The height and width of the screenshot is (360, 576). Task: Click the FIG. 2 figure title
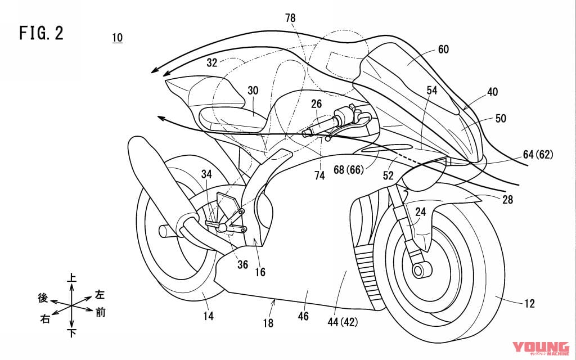coord(41,33)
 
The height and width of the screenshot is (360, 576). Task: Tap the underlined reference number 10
coord(118,38)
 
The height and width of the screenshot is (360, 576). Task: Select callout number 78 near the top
coord(290,19)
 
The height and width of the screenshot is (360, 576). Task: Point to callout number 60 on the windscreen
coord(443,49)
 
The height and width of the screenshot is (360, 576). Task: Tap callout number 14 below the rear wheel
coord(209,316)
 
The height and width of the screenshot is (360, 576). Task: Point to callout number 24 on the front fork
coord(421,213)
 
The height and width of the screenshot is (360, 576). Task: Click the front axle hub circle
coord(418,271)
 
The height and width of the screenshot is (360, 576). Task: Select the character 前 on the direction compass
coord(100,312)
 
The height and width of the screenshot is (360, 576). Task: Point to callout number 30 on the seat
coord(253,90)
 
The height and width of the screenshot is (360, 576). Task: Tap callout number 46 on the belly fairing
coord(304,316)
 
